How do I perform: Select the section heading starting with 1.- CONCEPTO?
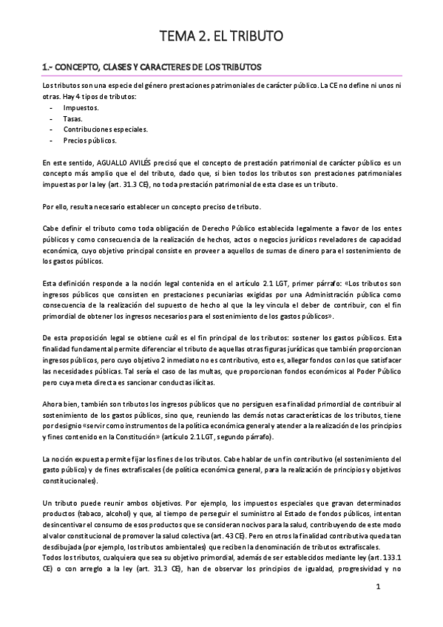click(x=152, y=67)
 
